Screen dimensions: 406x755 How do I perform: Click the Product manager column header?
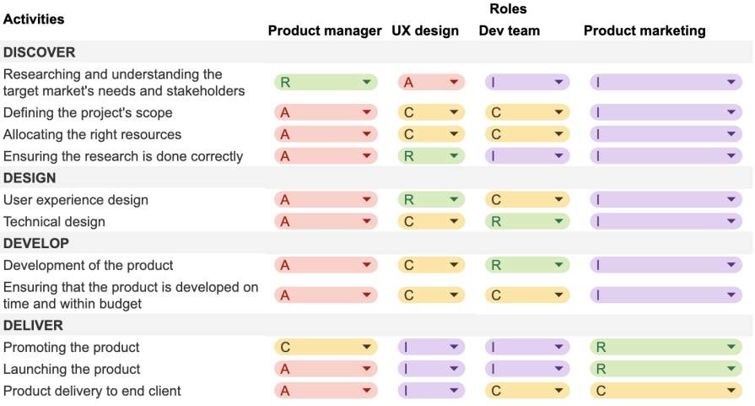325,31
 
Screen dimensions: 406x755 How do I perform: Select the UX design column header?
425,31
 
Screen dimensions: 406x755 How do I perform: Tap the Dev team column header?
510,31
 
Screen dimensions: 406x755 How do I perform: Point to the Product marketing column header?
644,31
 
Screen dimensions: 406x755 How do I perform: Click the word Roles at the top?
508,9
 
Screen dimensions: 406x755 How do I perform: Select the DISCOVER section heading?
39,52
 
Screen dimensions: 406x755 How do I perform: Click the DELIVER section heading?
33,326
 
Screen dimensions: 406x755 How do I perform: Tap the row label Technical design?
54,222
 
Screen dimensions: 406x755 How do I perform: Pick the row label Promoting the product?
72,348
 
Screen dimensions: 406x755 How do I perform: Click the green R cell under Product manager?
326,83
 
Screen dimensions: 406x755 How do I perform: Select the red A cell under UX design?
430,83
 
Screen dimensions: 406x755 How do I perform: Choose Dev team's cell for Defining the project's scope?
527,113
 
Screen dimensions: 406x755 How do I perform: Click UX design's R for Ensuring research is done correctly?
430,157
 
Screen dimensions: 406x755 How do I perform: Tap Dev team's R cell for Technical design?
527,222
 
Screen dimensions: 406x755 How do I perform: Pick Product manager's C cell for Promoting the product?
326,348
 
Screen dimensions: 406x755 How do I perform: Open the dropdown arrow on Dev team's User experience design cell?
558,201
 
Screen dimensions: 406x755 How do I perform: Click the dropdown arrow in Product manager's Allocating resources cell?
367,135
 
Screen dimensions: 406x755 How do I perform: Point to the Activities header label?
34,19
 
